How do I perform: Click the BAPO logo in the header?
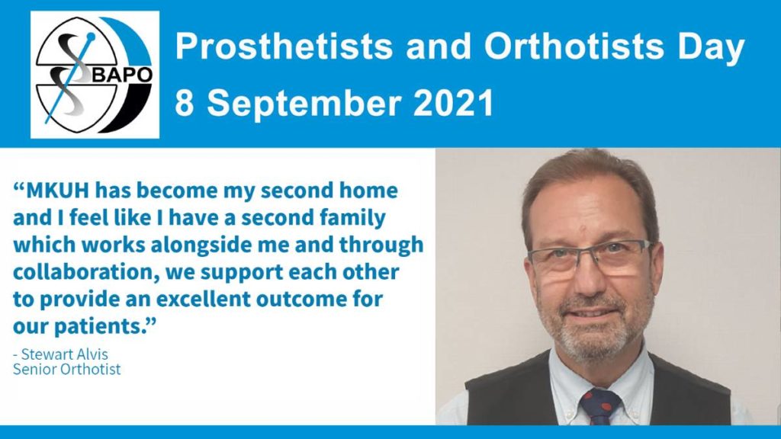[x=95, y=75]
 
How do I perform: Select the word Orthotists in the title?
[x=574, y=46]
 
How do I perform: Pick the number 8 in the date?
[x=185, y=103]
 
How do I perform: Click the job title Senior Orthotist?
[x=67, y=370]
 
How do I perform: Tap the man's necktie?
[x=601, y=407]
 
